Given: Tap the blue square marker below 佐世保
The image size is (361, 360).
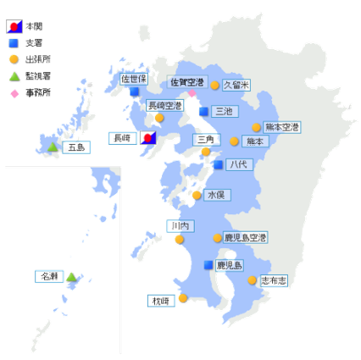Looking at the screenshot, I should pyautogui.click(x=135, y=91).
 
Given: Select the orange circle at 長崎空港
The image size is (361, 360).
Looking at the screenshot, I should pyautogui.click(x=158, y=117).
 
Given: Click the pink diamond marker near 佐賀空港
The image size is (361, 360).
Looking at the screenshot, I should pyautogui.click(x=192, y=93).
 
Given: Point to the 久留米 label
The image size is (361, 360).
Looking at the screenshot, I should pyautogui.click(x=236, y=85).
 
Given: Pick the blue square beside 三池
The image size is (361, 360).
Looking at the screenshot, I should pyautogui.click(x=204, y=111).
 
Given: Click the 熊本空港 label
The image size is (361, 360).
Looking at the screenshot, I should pyautogui.click(x=282, y=127).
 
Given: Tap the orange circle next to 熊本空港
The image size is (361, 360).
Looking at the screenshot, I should pyautogui.click(x=257, y=127).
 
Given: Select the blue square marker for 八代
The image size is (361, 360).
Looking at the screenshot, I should pyautogui.click(x=219, y=165).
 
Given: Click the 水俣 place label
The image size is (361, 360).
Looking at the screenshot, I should pyautogui.click(x=215, y=195).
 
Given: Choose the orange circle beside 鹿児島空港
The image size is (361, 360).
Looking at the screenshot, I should pyautogui.click(x=219, y=238).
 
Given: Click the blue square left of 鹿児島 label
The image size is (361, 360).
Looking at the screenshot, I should pyautogui.click(x=208, y=265).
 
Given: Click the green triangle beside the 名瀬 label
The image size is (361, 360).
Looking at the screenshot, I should pyautogui.click(x=72, y=276).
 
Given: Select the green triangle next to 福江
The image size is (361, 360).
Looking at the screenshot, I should pyautogui.click(x=53, y=147).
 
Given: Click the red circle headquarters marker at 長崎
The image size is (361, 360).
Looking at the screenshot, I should pyautogui.click(x=147, y=137).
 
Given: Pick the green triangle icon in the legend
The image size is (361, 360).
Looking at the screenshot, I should pyautogui.click(x=14, y=77).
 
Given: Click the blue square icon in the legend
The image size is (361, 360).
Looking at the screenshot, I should pyautogui.click(x=14, y=43).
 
